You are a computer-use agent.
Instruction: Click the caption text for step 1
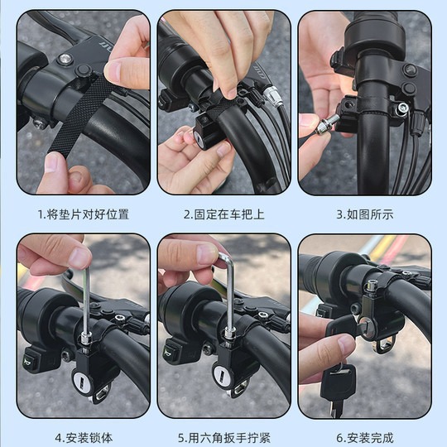click(83, 214)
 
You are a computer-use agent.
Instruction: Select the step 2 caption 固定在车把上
click(223, 214)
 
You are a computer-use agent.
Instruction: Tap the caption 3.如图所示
click(365, 214)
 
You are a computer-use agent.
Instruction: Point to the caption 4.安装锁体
click(83, 437)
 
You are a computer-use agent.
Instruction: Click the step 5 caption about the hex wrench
click(223, 437)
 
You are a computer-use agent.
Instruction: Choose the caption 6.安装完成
click(365, 437)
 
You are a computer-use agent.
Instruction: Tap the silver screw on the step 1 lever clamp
click(65, 59)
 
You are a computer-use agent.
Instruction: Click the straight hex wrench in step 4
click(85, 298)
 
